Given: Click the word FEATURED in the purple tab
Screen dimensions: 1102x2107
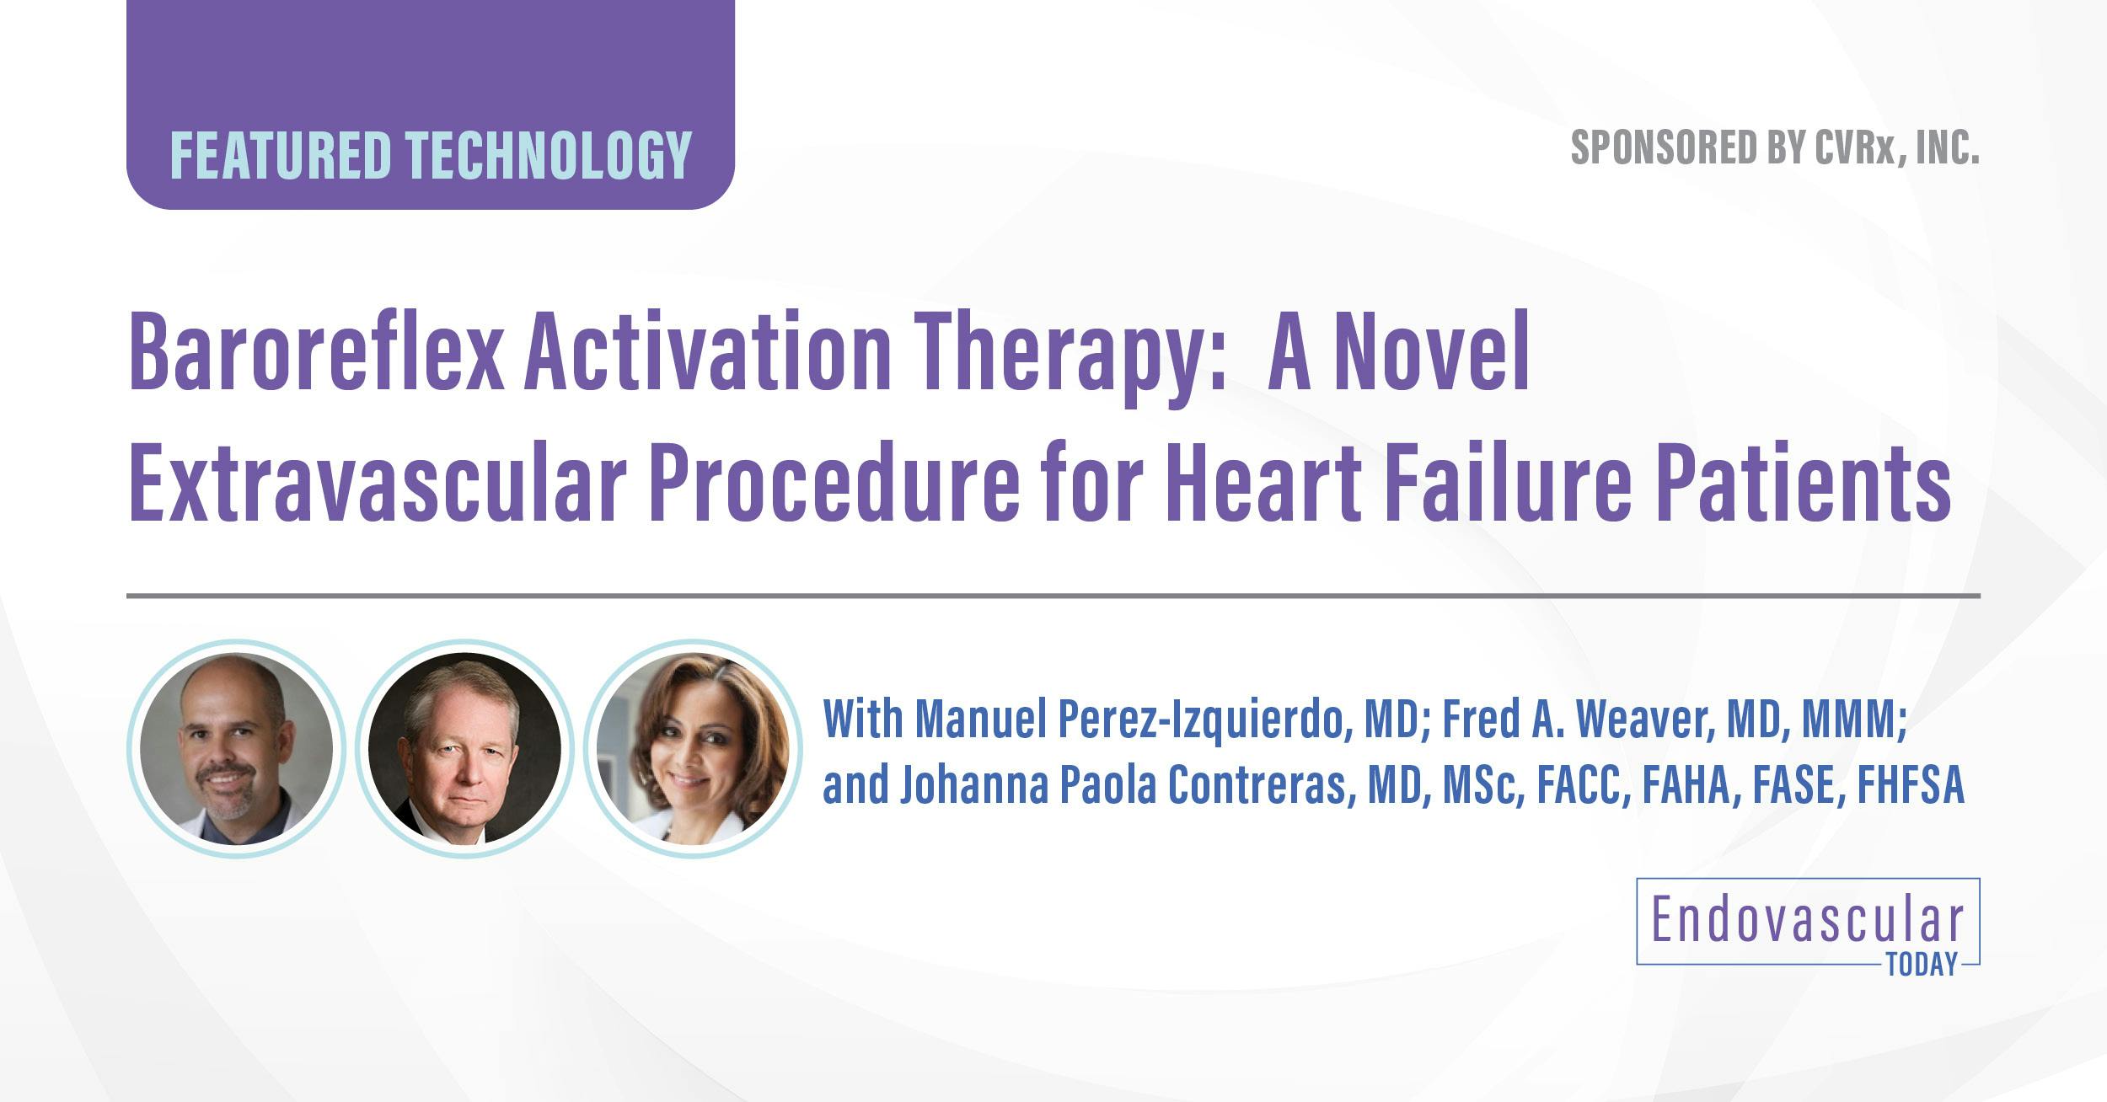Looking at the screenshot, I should (x=281, y=155).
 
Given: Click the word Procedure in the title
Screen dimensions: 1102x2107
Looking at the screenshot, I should (x=830, y=484).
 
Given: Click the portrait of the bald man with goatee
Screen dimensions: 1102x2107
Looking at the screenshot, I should (x=237, y=748).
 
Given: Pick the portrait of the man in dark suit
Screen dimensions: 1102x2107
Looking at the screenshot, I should (x=464, y=748).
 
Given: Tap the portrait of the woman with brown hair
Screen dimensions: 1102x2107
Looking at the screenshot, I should (x=693, y=748).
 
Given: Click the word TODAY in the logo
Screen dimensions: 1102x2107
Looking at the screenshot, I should (x=1922, y=965).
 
